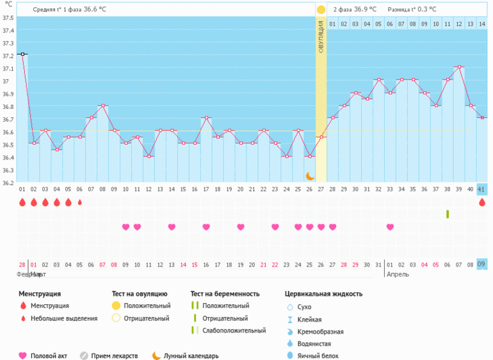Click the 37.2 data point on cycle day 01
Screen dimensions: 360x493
coord(22,54)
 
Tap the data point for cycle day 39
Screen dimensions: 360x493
coord(459,67)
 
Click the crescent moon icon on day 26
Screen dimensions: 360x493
coord(310,176)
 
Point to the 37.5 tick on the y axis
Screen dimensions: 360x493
coord(8,18)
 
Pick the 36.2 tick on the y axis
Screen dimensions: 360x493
coord(8,183)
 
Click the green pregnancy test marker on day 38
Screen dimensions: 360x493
coord(448,214)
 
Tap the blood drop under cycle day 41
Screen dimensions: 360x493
coord(482,202)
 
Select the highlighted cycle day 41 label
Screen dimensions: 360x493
coord(482,190)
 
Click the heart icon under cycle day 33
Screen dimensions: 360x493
coord(390,227)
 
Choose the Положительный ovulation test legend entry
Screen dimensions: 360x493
coord(147,306)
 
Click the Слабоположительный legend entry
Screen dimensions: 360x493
coord(233,331)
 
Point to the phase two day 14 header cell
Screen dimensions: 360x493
coord(482,24)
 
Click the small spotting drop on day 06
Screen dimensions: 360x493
coord(80,202)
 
